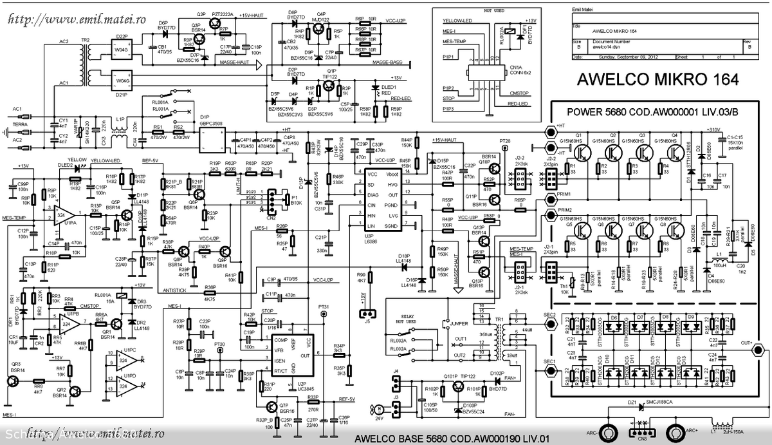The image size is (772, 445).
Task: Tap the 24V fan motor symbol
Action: [381, 409]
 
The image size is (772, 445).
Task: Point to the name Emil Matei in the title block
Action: [585, 11]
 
